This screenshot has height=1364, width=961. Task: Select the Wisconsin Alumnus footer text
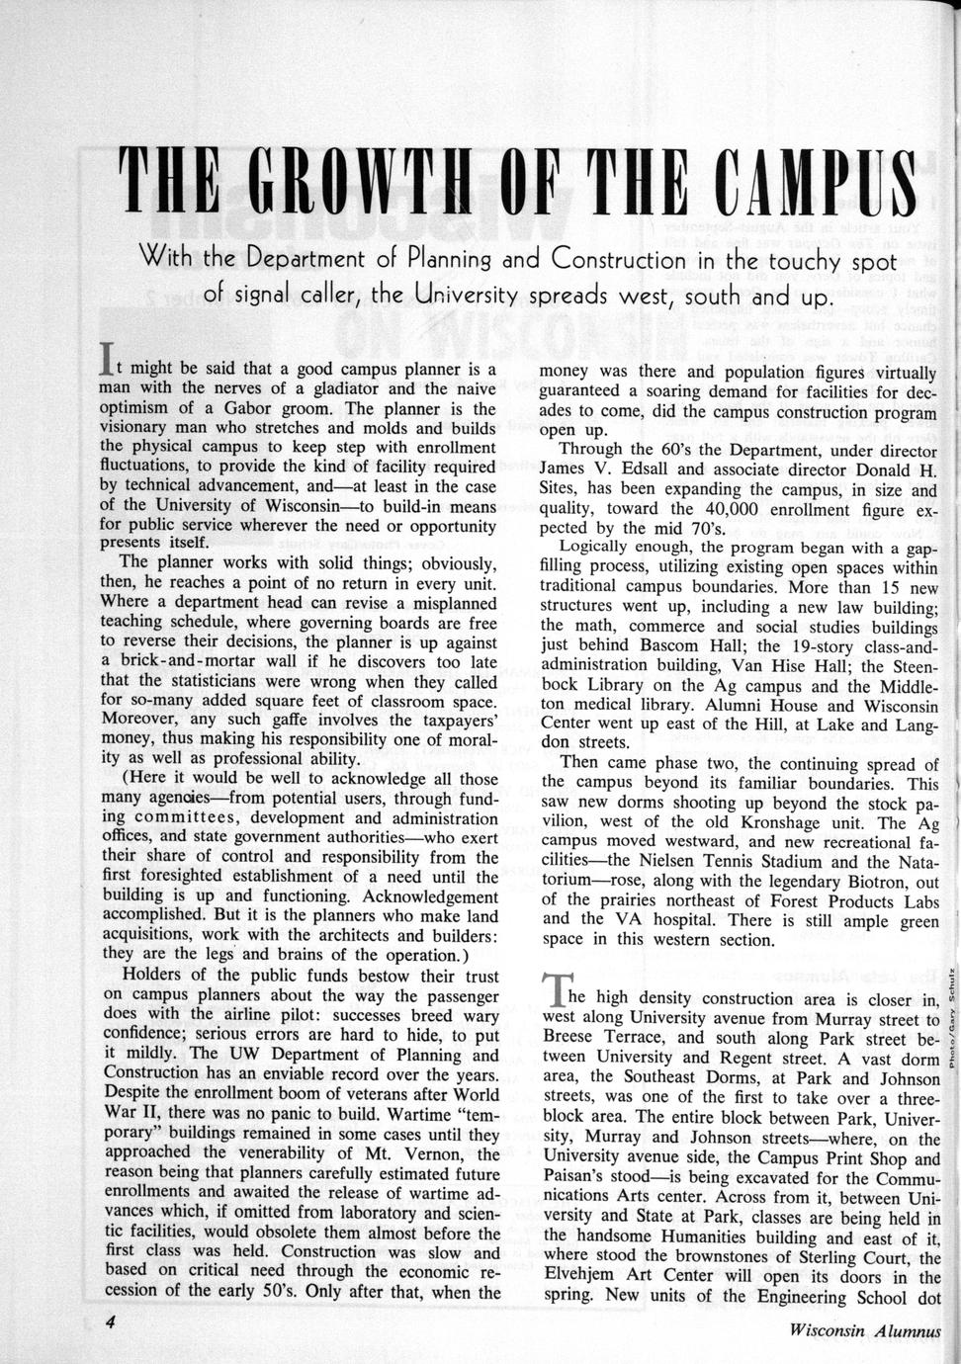pyautogui.click(x=866, y=1330)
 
